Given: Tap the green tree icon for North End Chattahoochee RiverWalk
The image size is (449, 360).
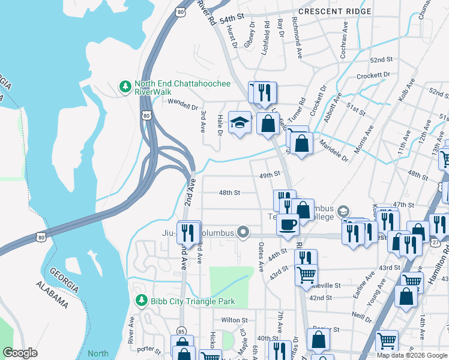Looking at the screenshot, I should (125, 87).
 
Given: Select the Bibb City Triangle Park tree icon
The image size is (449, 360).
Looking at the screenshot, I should (141, 301).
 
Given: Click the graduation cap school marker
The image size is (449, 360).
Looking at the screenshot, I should (240, 122).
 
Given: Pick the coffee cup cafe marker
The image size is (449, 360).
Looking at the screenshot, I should (288, 225).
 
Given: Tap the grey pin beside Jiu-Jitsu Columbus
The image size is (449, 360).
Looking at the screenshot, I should (243, 232).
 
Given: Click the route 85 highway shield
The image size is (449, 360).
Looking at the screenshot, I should (181, 331).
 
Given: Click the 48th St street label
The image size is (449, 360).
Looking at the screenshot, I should (229, 193).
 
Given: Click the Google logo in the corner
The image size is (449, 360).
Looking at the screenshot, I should (20, 353).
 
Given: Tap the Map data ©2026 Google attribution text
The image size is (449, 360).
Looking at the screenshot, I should (412, 355).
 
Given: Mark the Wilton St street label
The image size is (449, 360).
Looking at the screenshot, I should (234, 320).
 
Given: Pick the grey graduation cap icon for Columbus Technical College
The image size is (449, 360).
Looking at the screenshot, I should (343, 211).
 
